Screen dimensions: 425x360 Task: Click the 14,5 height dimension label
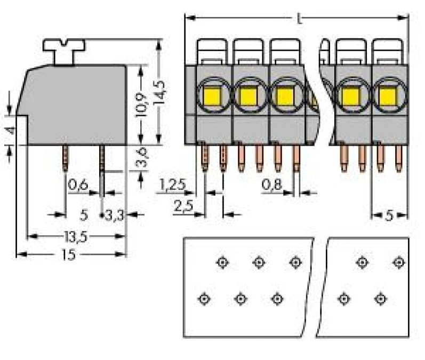(x=160, y=92)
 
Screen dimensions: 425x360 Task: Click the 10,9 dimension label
(x=141, y=105)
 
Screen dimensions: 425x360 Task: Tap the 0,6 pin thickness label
(x=78, y=185)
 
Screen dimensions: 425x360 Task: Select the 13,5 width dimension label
(x=76, y=237)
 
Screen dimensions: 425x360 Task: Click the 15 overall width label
(x=69, y=255)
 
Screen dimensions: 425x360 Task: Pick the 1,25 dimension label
(x=173, y=185)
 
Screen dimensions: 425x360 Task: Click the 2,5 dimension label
(x=183, y=206)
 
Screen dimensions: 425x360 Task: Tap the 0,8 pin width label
(x=272, y=185)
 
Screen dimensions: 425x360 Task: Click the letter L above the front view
(x=299, y=19)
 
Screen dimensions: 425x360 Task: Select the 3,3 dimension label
(x=114, y=216)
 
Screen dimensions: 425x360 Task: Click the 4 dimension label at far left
(x=11, y=131)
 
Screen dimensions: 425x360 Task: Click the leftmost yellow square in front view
(x=212, y=97)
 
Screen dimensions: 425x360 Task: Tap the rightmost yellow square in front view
(x=388, y=97)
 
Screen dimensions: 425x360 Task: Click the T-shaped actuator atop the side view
(x=64, y=52)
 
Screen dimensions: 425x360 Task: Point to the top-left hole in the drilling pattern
(x=222, y=262)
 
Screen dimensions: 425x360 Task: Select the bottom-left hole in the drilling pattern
(x=204, y=299)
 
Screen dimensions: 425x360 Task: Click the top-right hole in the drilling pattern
(x=399, y=262)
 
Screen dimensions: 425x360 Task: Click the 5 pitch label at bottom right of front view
(x=389, y=216)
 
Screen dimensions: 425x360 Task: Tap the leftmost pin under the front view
(x=205, y=158)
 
